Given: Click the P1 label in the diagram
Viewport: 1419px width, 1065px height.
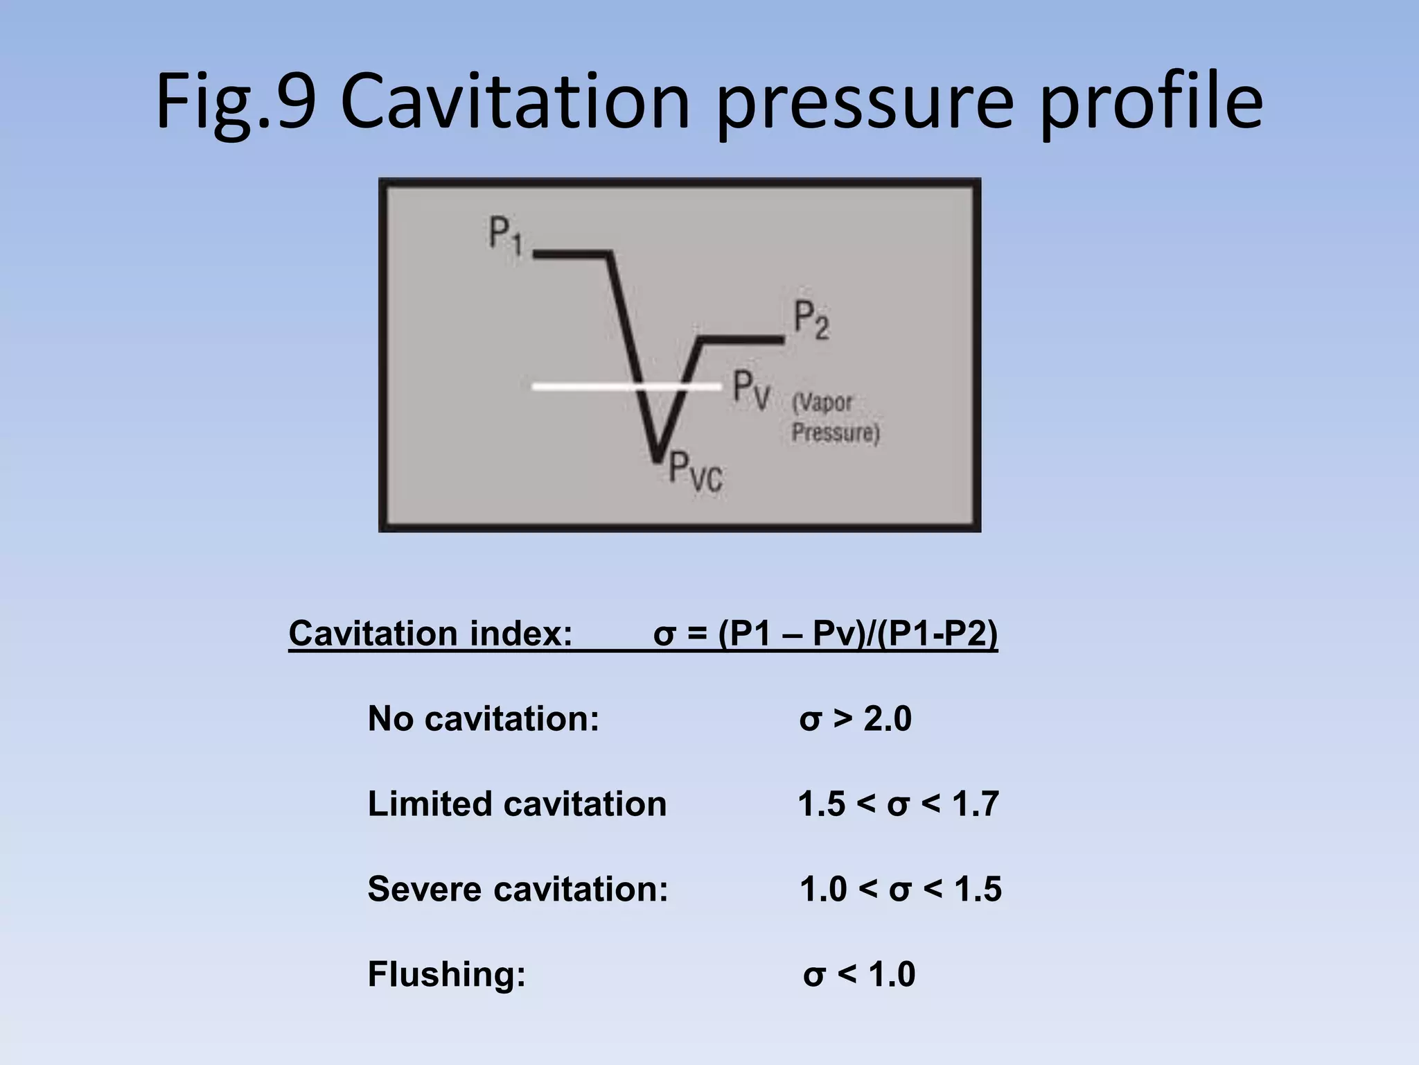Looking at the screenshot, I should coord(505,236).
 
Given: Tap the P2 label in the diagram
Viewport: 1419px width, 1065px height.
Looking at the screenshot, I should coord(811,320).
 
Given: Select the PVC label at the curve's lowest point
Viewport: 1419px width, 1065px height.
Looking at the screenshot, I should coord(695,471).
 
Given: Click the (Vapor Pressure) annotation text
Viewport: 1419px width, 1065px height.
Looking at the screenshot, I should coord(835,417).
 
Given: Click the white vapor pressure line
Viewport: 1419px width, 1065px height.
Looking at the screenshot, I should coord(589,386).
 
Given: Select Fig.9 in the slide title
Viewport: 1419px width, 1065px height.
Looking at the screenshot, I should coord(236,103).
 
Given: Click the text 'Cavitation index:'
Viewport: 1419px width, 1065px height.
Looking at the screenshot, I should coord(430,633).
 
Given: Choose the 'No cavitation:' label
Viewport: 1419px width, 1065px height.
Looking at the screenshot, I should coord(483,718).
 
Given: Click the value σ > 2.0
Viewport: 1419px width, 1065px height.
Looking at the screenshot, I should coord(855,719).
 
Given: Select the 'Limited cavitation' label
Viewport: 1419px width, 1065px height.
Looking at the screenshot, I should coord(517,804).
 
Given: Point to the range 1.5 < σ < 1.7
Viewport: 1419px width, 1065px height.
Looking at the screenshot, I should coord(898,804).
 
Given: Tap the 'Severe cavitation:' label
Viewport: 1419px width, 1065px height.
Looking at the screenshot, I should coord(518,889).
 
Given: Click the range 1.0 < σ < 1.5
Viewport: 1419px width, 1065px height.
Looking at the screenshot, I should coord(900,890).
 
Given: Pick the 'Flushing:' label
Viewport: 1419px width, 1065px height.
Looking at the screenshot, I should coord(447,974).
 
